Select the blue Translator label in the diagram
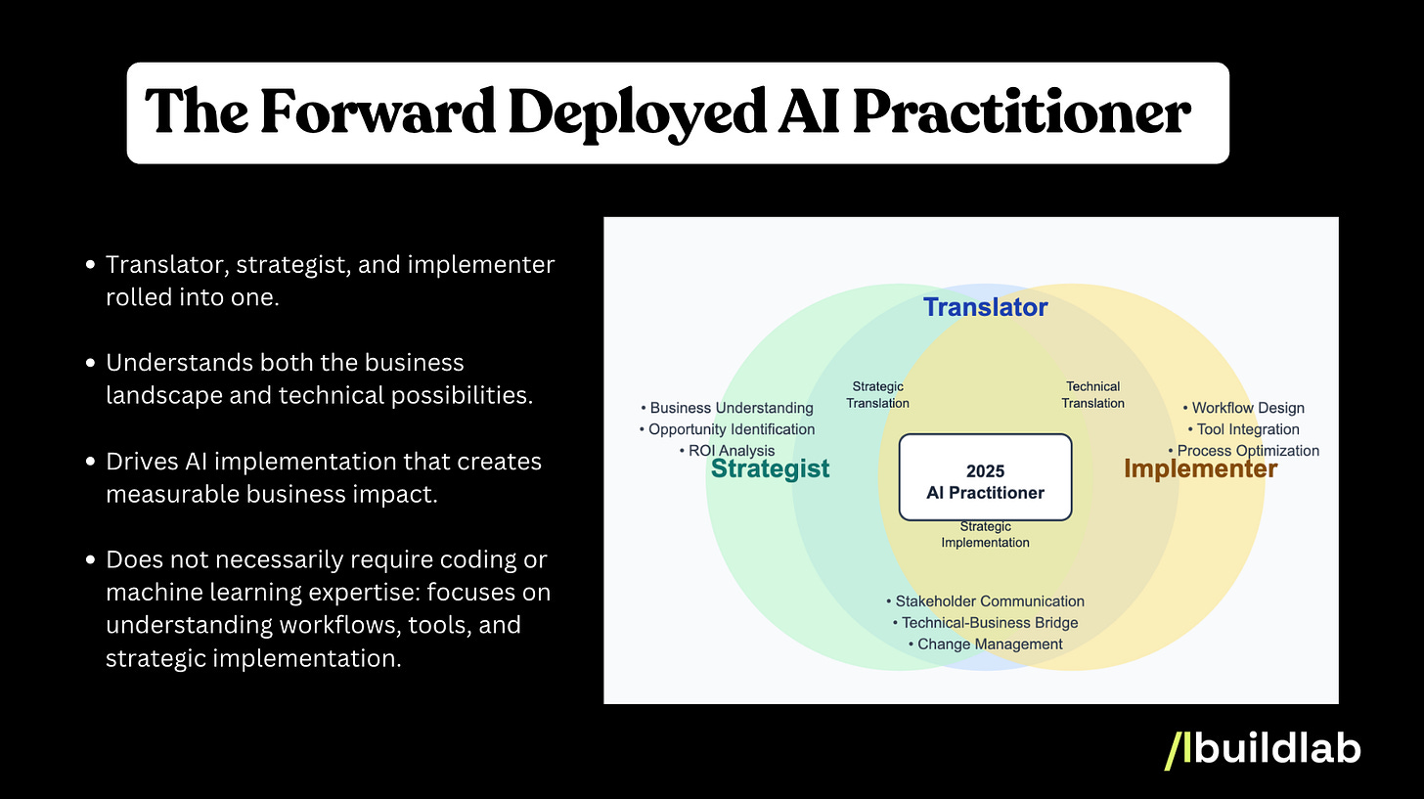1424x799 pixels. (x=985, y=307)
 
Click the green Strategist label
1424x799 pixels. (x=770, y=468)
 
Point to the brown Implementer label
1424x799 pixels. (x=1200, y=468)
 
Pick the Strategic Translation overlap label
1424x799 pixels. (x=877, y=394)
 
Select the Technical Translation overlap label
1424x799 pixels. (x=1092, y=394)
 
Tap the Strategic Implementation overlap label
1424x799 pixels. (x=985, y=534)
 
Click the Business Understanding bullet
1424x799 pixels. (x=728, y=408)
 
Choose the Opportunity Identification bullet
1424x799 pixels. (x=728, y=429)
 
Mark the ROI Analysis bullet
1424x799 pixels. (x=726, y=451)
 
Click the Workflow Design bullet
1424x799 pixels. (x=1243, y=408)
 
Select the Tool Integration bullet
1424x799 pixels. (x=1243, y=429)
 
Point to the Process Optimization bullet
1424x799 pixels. (x=1243, y=451)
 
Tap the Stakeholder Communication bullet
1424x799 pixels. (x=985, y=601)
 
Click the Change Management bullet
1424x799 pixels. (x=985, y=644)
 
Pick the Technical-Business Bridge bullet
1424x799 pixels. (x=985, y=623)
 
